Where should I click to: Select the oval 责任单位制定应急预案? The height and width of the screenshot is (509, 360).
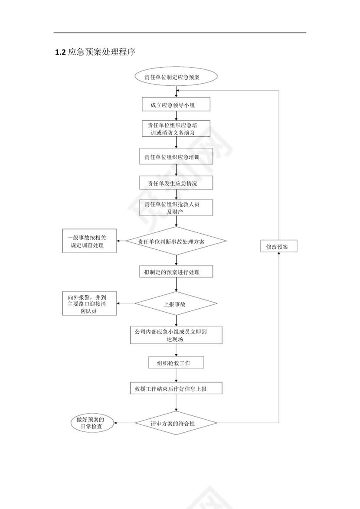coord(176,77)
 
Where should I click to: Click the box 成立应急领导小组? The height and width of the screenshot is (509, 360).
coord(176,104)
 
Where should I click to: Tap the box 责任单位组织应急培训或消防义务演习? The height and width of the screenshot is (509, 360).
coord(176,128)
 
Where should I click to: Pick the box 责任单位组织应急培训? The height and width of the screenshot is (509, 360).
coord(176,157)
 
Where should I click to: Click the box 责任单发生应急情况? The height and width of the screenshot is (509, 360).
coord(176,183)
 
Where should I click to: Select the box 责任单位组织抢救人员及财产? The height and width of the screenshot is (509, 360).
coord(176,208)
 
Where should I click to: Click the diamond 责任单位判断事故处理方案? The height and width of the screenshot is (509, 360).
coord(176,241)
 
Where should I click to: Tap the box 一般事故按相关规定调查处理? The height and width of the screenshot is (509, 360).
coord(89,241)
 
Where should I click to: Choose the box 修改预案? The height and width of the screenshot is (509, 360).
coord(278,246)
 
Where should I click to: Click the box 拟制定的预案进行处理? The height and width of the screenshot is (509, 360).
coord(176,272)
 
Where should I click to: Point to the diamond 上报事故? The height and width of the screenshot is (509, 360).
coord(176,304)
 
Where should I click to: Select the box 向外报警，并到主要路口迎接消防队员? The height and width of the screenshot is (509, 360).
coord(89,304)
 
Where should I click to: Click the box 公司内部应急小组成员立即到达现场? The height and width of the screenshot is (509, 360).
coord(176,335)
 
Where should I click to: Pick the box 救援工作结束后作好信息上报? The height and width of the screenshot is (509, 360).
coord(176,388)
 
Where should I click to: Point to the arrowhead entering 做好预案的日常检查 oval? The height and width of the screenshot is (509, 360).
coord(116,423)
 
